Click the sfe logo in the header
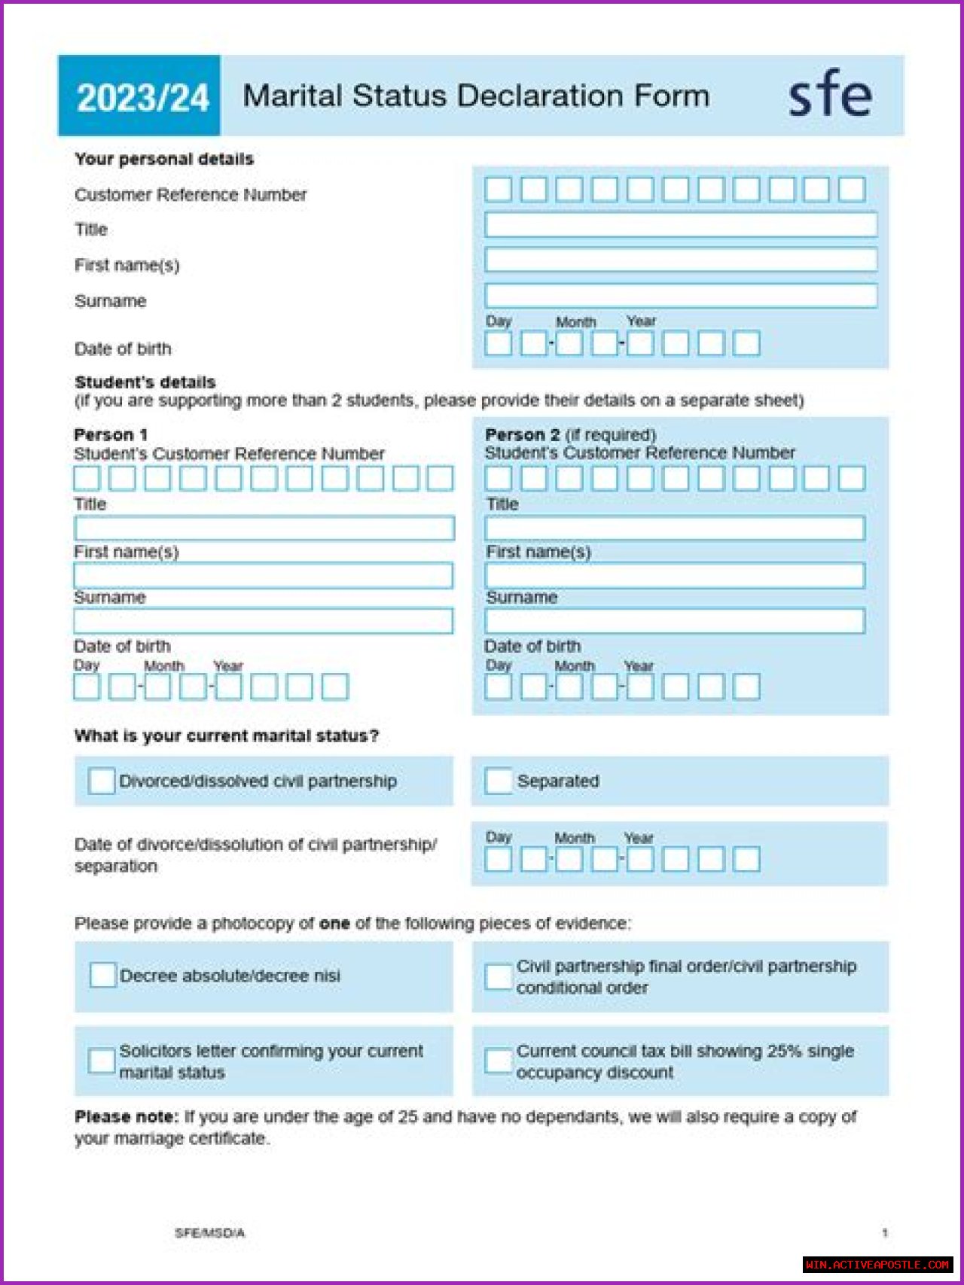[x=829, y=95]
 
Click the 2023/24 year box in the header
[x=142, y=97]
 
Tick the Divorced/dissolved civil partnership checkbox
[x=101, y=781]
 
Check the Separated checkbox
[x=498, y=781]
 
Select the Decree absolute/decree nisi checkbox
[x=102, y=975]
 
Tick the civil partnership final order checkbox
[x=498, y=976]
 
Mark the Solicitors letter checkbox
[x=101, y=1061]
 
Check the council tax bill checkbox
[x=498, y=1061]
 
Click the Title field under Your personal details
[x=680, y=224]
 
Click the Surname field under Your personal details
[x=680, y=295]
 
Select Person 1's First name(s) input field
[x=264, y=576]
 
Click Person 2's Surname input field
[x=675, y=621]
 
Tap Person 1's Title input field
[x=264, y=528]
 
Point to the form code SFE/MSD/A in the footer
[x=209, y=1232]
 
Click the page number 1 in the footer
[x=885, y=1232]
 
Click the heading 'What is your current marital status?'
[x=226, y=735]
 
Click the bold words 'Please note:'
[x=127, y=1116]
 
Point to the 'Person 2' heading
[x=522, y=434]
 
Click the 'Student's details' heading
[x=145, y=382]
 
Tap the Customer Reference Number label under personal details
[x=191, y=195]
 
